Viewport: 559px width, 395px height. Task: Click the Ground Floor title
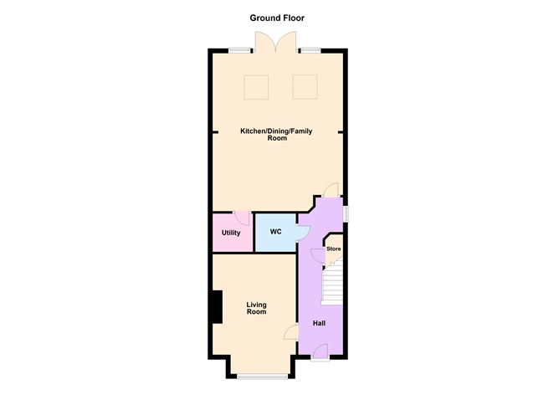277,18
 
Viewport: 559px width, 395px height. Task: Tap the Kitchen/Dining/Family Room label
276,135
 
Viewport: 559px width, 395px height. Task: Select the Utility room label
231,233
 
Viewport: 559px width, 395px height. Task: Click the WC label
275,232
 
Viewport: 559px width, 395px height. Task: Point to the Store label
334,249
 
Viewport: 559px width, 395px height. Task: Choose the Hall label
319,323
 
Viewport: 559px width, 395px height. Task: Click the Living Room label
256,308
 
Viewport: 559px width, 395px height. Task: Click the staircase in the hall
332,285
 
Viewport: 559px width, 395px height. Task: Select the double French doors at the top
275,43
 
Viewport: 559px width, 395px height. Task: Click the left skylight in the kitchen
256,87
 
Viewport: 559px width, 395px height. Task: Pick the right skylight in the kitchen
305,87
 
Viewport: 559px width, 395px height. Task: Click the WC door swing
304,233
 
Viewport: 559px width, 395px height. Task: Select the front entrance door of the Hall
321,351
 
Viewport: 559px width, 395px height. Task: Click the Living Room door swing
291,332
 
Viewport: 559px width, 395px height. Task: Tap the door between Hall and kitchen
331,189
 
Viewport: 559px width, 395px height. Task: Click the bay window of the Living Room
263,377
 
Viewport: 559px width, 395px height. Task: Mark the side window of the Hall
346,214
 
